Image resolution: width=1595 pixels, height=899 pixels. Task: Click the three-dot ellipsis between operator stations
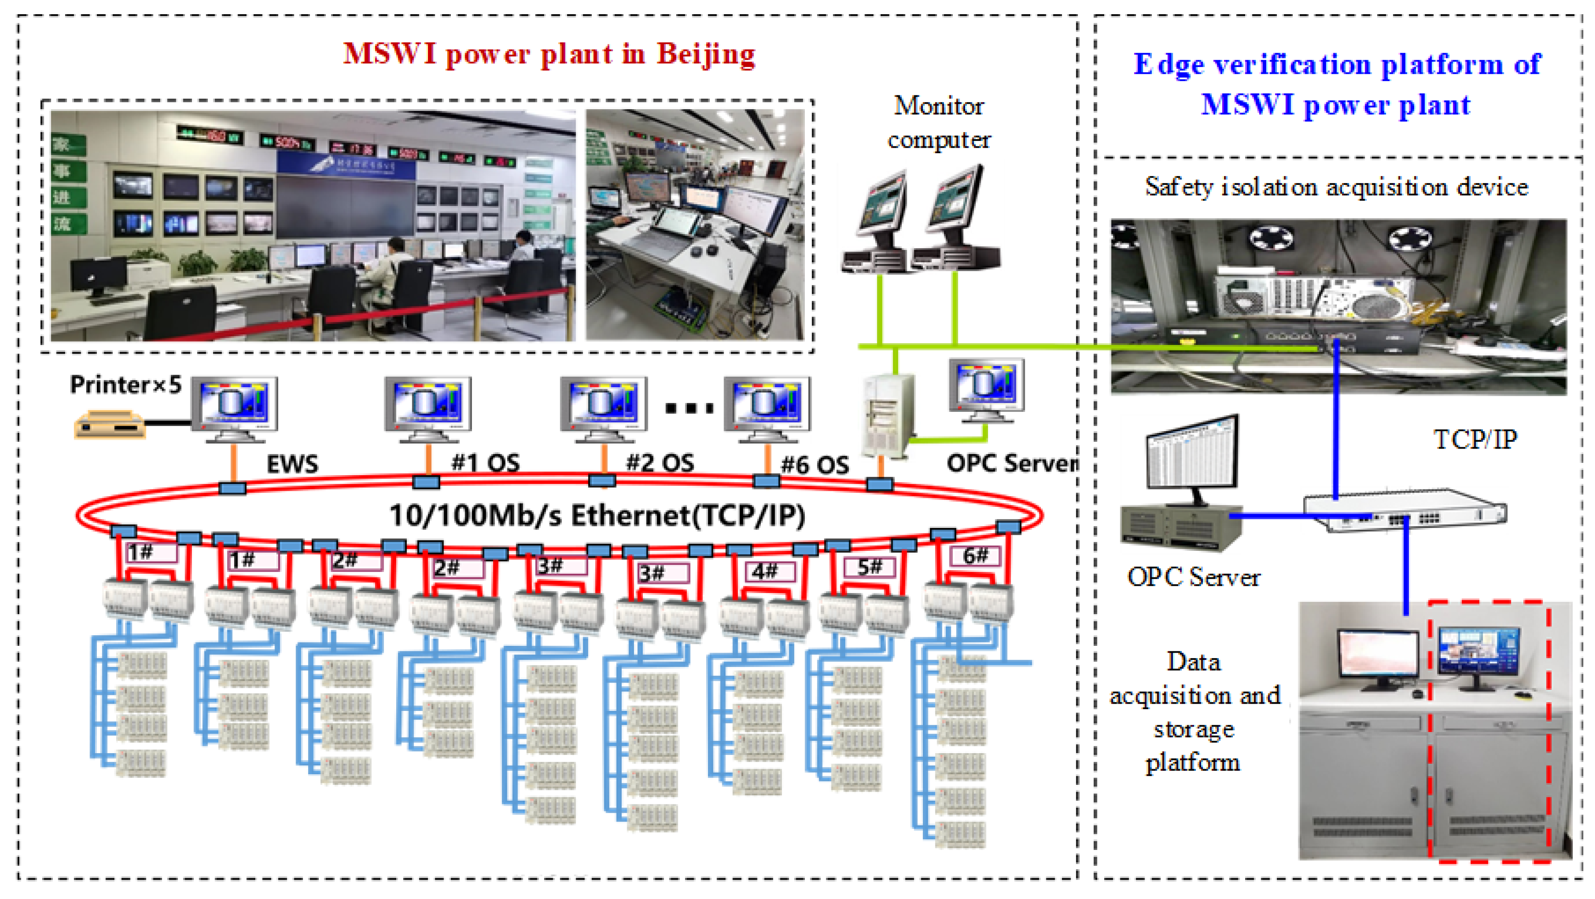(x=689, y=408)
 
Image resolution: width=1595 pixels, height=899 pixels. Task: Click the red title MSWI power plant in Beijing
(x=549, y=54)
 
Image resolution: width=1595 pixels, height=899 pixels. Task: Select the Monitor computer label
(x=938, y=122)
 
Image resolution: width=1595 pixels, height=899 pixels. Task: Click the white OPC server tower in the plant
(x=888, y=415)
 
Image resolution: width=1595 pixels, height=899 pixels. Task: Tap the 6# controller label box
(x=975, y=555)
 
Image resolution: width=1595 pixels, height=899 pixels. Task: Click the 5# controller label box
(x=869, y=567)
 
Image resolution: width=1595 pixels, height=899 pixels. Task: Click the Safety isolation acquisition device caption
(x=1336, y=187)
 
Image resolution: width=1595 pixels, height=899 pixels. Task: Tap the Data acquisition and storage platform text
(x=1193, y=711)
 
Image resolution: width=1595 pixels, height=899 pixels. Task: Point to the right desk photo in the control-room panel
(x=695, y=225)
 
